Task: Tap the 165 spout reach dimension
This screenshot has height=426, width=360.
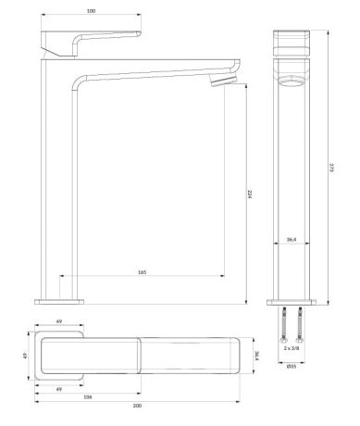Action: coord(142,272)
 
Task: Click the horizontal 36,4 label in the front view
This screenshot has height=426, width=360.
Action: coord(291,240)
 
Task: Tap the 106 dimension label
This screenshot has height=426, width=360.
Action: coord(88,396)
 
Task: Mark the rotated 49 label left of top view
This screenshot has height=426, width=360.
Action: coord(27,355)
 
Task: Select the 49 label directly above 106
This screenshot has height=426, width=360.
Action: coord(58,388)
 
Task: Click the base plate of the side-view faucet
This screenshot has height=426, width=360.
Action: coord(59,300)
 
